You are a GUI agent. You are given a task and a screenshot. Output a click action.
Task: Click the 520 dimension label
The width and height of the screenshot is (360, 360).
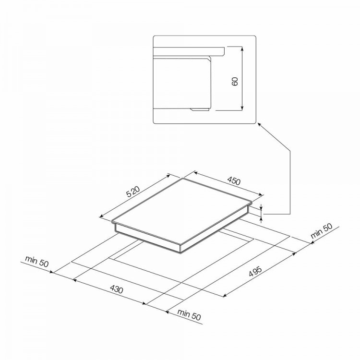coord(133,192)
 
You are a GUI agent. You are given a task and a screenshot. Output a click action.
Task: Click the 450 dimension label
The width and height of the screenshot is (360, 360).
coord(234,180)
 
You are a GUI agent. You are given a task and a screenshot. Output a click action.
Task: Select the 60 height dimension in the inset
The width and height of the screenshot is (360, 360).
coord(235,82)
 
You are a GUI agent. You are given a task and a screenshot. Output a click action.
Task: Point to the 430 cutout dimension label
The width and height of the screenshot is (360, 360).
coord(117,289)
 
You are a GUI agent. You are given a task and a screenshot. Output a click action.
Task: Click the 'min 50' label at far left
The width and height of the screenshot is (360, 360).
coord(37,261)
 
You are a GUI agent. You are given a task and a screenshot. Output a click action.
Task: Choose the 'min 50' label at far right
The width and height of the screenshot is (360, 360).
coord(321,231)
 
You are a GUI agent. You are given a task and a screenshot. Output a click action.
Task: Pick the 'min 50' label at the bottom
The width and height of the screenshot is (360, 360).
coord(189,315)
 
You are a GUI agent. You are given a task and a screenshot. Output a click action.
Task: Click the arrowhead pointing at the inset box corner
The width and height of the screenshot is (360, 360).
coord(259,124)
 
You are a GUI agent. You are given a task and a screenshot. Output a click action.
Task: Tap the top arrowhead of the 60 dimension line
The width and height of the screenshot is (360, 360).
coord(241,48)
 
